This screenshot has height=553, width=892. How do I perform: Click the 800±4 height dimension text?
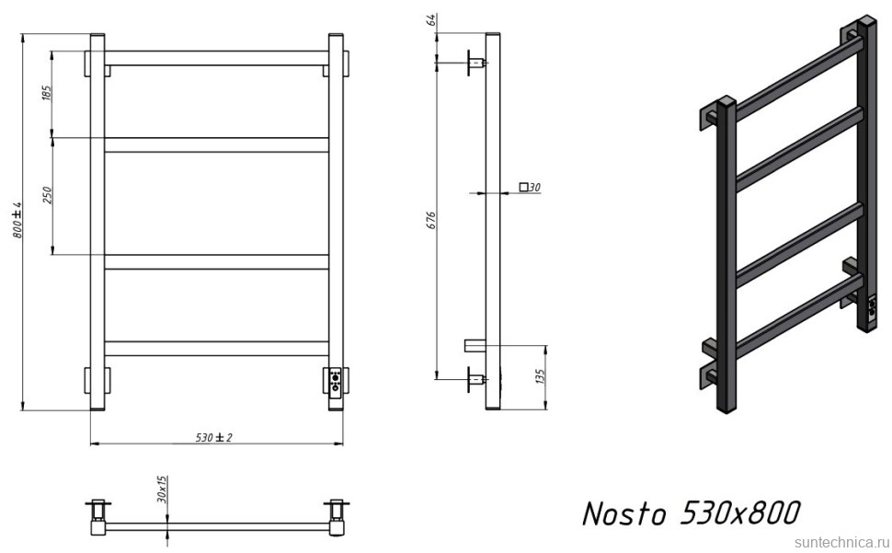click(16, 221)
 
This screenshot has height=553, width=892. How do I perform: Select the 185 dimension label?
click(47, 93)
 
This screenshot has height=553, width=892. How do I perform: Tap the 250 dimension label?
click(47, 194)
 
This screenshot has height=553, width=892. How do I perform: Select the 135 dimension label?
click(540, 376)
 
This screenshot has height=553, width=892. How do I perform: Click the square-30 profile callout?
click(529, 188)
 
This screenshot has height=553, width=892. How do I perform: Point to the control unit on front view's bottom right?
click(336, 380)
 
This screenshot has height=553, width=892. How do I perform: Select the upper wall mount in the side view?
click(475, 63)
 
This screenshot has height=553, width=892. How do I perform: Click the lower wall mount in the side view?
click(475, 376)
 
